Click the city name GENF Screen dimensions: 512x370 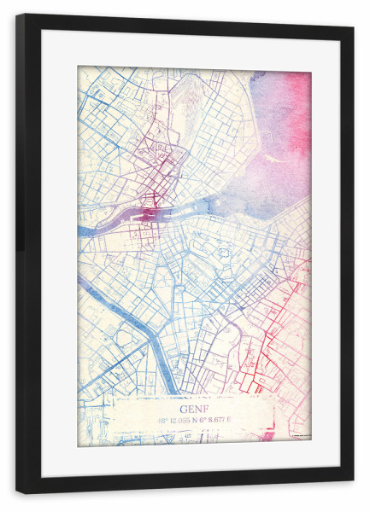(x=194, y=396)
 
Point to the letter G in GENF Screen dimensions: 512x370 (x=184, y=396)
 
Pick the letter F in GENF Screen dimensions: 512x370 (x=205, y=396)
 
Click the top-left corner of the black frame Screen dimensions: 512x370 (x=18, y=16)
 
